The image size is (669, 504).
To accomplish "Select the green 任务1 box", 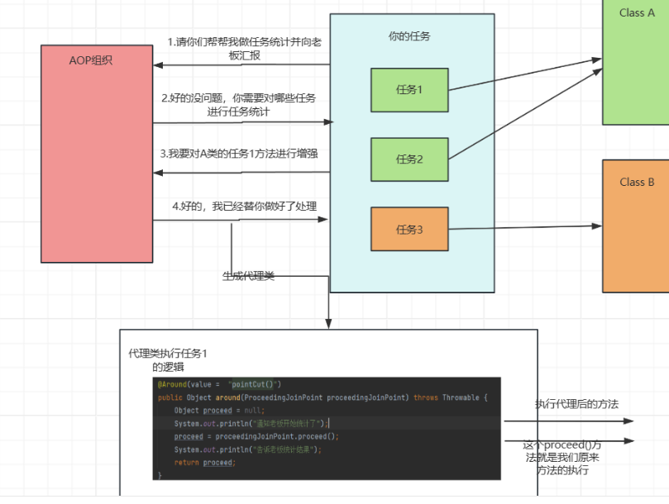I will coord(409,90).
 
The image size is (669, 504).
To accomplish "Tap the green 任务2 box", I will coord(409,159).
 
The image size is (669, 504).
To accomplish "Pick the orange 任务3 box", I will coord(409,230).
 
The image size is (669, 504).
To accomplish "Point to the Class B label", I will coord(637,182).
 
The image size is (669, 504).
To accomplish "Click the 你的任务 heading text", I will coord(409,36).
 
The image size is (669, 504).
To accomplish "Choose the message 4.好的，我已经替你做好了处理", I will coord(244,206).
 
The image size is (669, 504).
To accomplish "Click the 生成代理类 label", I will coord(248,276).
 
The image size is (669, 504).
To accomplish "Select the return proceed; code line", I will coord(205,463).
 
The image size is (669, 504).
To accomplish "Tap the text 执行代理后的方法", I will coord(576,404).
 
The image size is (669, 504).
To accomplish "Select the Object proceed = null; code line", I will coord(219,410).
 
